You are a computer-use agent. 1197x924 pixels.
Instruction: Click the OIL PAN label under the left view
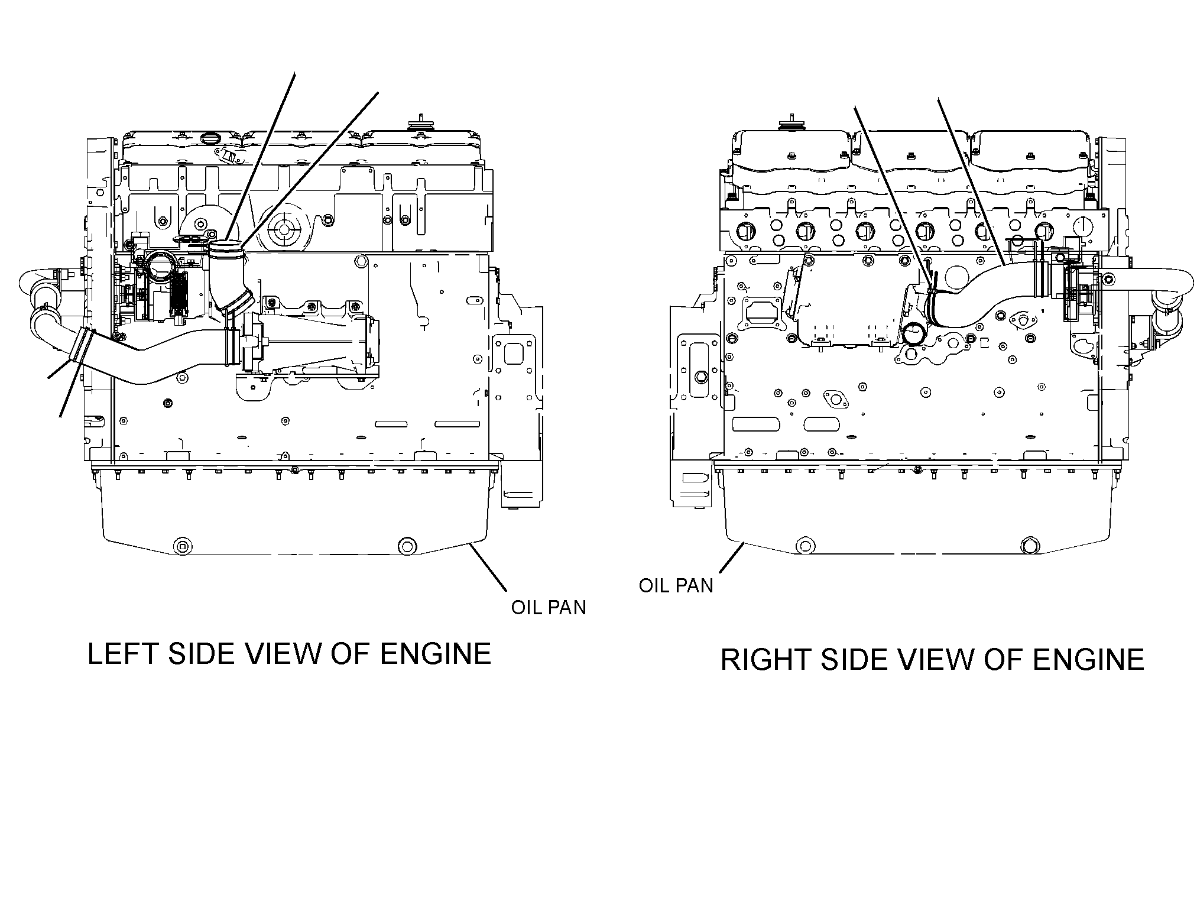pos(549,607)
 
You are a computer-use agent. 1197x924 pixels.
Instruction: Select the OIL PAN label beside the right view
pos(676,585)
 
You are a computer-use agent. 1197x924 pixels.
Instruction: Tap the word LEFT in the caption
pos(124,654)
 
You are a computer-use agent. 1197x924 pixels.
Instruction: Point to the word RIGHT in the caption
pos(767,660)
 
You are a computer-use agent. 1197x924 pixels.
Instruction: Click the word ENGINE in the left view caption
pos(435,654)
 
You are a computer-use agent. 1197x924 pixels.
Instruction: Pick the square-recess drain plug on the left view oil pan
pos(182,546)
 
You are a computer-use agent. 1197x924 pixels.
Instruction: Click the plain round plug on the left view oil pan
pos(407,546)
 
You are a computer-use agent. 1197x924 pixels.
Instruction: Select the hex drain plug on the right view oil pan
pos(1029,546)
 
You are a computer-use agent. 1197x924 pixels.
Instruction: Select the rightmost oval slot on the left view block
pos(456,424)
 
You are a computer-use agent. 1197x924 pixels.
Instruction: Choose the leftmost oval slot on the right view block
pos(756,424)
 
